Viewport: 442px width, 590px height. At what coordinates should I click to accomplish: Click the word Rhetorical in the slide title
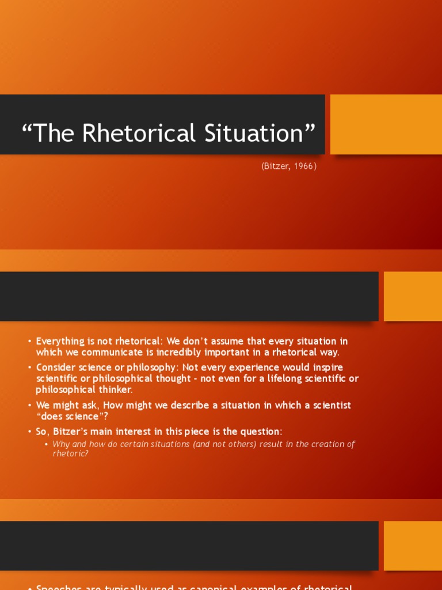click(131, 133)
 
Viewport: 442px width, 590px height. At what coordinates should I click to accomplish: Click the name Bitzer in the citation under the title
click(276, 166)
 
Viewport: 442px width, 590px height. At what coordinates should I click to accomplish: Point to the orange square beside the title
click(386, 124)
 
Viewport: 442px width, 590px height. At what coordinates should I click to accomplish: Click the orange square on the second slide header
click(413, 296)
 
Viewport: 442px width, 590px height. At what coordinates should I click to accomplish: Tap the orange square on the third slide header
click(413, 546)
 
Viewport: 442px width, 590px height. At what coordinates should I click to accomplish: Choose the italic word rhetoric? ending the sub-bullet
click(70, 453)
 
